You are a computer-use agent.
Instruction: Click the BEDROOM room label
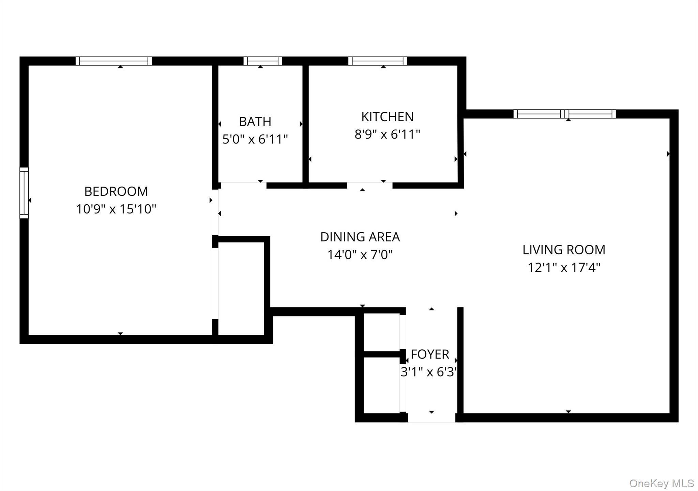tap(116, 191)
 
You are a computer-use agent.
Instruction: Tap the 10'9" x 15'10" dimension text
tap(116, 209)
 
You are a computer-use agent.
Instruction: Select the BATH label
tap(255, 122)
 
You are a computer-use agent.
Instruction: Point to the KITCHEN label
tap(387, 117)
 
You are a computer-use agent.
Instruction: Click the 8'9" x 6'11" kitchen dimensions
tap(387, 134)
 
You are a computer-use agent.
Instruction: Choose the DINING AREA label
tap(360, 237)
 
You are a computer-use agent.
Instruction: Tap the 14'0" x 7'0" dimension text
tap(360, 255)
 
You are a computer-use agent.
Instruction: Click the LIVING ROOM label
tap(564, 250)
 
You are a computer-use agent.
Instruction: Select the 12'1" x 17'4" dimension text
tap(564, 268)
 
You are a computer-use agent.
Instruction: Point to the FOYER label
tap(430, 354)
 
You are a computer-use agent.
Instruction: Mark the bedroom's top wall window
tap(113, 61)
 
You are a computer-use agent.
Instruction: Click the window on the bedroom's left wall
tap(24, 193)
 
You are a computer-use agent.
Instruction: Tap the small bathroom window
tap(262, 61)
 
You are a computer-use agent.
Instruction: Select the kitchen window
tap(378, 61)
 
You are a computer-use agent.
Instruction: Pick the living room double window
tap(564, 114)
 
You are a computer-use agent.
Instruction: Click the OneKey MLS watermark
tap(661, 483)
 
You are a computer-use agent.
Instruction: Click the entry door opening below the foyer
tap(431, 417)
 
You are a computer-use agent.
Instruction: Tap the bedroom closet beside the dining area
tap(241, 288)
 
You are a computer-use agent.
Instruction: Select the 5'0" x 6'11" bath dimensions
tap(255, 139)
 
